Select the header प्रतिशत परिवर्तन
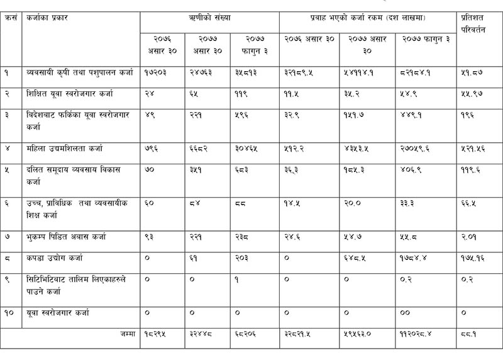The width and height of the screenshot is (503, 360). pos(473,23)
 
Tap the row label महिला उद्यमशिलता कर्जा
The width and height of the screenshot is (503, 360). pos(65,149)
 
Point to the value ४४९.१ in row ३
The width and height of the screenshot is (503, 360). pos(411,115)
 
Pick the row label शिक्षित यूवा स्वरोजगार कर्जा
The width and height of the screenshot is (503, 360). pos(70,93)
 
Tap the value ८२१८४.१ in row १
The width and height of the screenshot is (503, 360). pos(416,72)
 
